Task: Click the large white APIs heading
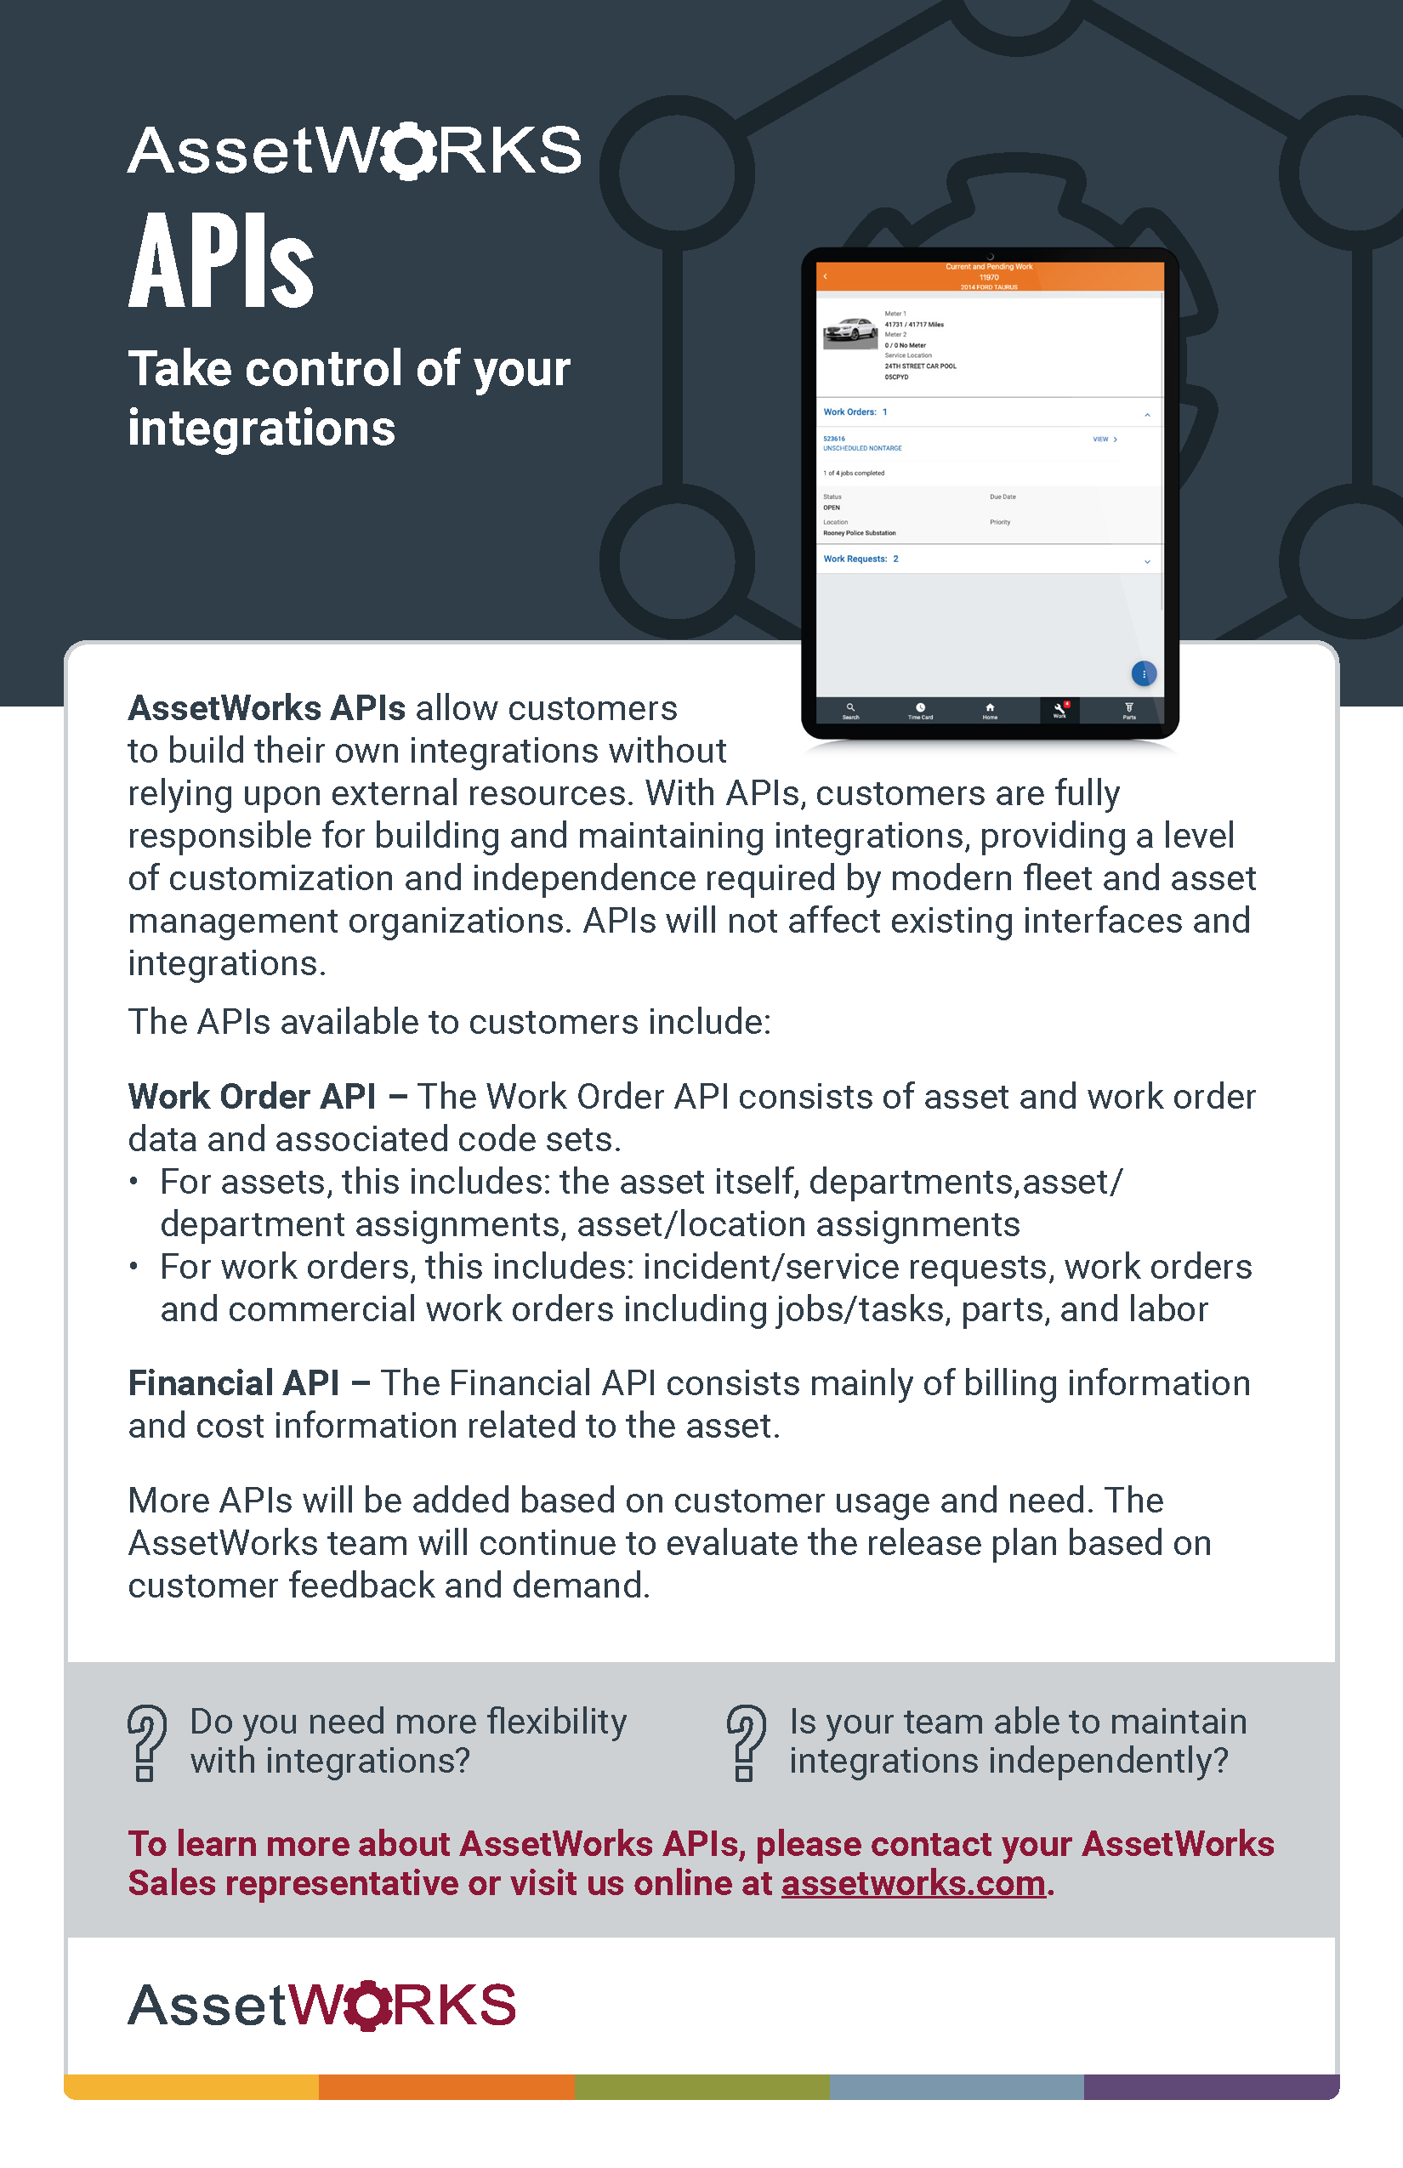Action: pyautogui.click(x=220, y=262)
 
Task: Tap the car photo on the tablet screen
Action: pyautogui.click(x=850, y=332)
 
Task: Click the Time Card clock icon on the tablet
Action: pyautogui.click(x=920, y=707)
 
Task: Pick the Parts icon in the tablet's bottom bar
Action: pyautogui.click(x=1129, y=707)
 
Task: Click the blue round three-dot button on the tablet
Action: pyautogui.click(x=1144, y=673)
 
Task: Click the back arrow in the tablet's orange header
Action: pyautogui.click(x=826, y=276)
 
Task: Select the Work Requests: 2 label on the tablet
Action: pyautogui.click(x=860, y=559)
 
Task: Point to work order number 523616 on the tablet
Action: pyautogui.click(x=833, y=439)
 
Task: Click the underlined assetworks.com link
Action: pyautogui.click(x=913, y=1883)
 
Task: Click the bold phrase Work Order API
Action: pyautogui.click(x=252, y=1097)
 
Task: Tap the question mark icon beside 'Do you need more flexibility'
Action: pyautogui.click(x=145, y=1742)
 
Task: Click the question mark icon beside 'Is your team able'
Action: pyautogui.click(x=745, y=1742)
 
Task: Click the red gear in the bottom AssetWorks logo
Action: pyautogui.click(x=368, y=2005)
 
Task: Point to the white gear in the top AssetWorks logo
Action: pyautogui.click(x=407, y=150)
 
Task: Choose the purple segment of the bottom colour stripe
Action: pyautogui.click(x=1211, y=2087)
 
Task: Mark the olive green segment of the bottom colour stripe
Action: pyautogui.click(x=702, y=2087)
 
